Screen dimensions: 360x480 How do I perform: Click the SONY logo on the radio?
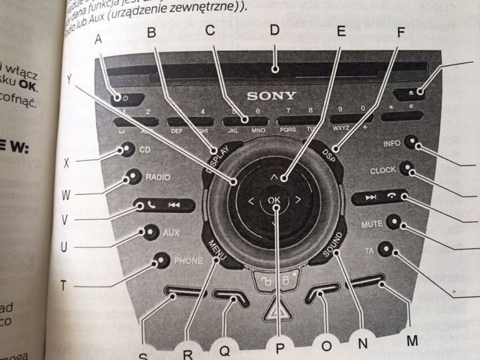pos(271,95)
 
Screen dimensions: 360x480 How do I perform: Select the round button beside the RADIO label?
pos(133,177)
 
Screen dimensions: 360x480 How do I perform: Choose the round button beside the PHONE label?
pos(159,262)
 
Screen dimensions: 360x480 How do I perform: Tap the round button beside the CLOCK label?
pos(406,169)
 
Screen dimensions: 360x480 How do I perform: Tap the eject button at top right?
pos(420,91)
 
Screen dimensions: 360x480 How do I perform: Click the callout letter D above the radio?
pos(274,31)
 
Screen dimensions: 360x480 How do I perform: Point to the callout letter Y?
pos(69,78)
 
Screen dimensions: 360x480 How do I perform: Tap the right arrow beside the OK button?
pos(298,199)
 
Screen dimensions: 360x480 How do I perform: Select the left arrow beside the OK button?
pos(250,201)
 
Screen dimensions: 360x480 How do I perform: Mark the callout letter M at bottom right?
pos(411,340)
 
